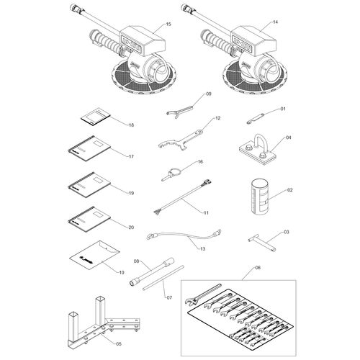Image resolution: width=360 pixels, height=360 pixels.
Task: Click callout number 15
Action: pyautogui.click(x=168, y=24)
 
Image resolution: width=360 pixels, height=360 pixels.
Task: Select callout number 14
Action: pyautogui.click(x=275, y=22)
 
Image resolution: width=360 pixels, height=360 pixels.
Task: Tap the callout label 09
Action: pyautogui.click(x=209, y=94)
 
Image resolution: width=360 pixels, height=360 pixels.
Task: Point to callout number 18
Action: pyautogui.click(x=131, y=125)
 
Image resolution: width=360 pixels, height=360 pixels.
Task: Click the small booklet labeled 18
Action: pyautogui.click(x=95, y=116)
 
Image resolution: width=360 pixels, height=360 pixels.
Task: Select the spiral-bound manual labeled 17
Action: pyautogui.click(x=89, y=149)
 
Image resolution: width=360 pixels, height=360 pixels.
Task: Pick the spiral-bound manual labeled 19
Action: pyautogui.click(x=89, y=185)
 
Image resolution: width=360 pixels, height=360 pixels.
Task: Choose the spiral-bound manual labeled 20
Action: pyautogui.click(x=89, y=220)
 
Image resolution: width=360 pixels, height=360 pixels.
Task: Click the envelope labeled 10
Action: pyautogui.click(x=94, y=255)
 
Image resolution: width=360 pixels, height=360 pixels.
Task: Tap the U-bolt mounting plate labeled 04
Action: pyautogui.click(x=258, y=150)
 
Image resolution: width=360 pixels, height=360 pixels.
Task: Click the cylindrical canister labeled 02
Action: pyautogui.click(x=259, y=197)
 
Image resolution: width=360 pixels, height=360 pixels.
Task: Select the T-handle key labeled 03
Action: pyautogui.click(x=262, y=243)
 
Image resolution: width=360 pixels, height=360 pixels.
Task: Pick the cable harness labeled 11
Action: pyautogui.click(x=182, y=197)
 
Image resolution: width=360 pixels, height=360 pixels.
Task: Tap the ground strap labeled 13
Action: pyautogui.click(x=184, y=235)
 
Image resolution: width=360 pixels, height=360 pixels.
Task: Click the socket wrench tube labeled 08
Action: pyautogui.click(x=152, y=272)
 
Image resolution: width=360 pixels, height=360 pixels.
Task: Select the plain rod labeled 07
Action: pyautogui.click(x=163, y=278)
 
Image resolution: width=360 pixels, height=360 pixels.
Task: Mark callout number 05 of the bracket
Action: pyautogui.click(x=119, y=344)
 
